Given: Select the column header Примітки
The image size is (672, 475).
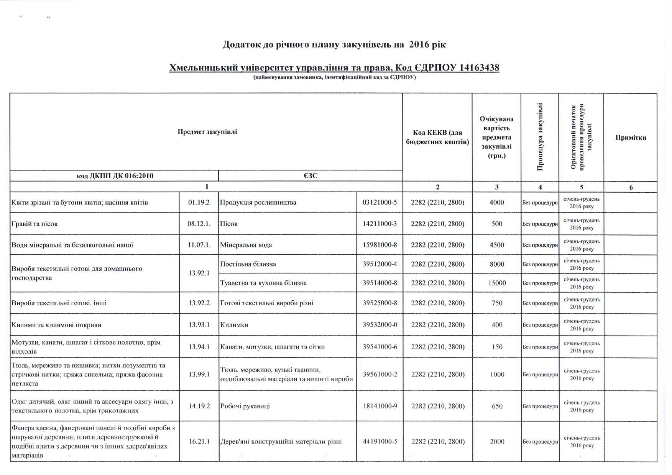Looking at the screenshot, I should [631, 138].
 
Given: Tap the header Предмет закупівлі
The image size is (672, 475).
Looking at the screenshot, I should [207, 132].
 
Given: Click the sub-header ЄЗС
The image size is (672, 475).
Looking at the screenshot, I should [311, 176].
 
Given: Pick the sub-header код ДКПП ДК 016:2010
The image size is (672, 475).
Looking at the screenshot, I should [115, 176].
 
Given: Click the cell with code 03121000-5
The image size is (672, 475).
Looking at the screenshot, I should [380, 202].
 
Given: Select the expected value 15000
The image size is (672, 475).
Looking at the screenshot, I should [497, 283].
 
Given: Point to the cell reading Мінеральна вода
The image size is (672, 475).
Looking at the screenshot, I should [246, 245].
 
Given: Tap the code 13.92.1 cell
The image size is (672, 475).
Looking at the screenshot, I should [199, 274].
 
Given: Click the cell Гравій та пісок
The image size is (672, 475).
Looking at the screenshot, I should [35, 224].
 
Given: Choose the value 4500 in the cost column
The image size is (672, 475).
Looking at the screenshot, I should [497, 245].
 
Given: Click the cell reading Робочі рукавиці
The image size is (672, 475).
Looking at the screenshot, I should [245, 406].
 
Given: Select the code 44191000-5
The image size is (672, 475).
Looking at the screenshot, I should [380, 441].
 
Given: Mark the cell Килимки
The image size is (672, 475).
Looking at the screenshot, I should [234, 325].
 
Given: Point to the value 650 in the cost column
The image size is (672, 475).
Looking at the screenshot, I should [497, 406].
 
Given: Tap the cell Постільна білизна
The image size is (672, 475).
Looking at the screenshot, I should [248, 264].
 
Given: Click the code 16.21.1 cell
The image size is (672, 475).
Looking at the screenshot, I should [199, 441].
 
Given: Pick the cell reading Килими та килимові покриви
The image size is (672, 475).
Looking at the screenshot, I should [56, 325].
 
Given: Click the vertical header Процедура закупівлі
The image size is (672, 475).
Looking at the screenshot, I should [540, 137].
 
